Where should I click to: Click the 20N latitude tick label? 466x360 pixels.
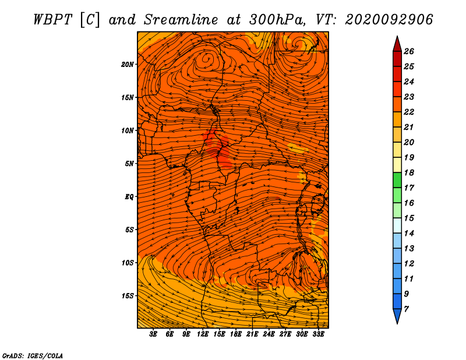pyautogui.click(x=128, y=65)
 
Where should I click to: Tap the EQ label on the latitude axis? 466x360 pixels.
pyautogui.click(x=129, y=197)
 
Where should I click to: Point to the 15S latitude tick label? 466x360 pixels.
pyautogui.click(x=128, y=296)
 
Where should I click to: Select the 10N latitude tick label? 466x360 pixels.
pyautogui.click(x=128, y=130)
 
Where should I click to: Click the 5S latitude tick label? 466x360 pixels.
pyautogui.click(x=129, y=230)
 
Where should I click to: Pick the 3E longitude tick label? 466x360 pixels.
pyautogui.click(x=153, y=334)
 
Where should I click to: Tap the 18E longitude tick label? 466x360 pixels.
pyautogui.click(x=236, y=334)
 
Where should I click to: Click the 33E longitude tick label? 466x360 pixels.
pyautogui.click(x=318, y=334)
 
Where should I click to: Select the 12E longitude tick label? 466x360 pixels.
pyautogui.click(x=203, y=334)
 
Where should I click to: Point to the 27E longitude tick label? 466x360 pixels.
pyautogui.click(x=285, y=334)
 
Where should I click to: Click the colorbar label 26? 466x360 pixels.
pyautogui.click(x=409, y=51)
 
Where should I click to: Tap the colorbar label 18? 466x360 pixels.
pyautogui.click(x=409, y=172)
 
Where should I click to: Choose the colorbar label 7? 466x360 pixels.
pyautogui.click(x=406, y=309)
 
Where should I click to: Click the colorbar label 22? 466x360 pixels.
pyautogui.click(x=409, y=112)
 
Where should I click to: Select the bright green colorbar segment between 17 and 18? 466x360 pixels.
pyautogui.click(x=397, y=180)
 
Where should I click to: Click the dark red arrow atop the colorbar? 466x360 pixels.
pyautogui.click(x=397, y=44)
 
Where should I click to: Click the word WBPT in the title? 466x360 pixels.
pyautogui.click(x=52, y=20)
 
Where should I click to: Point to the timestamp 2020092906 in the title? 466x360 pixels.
pyautogui.click(x=389, y=20)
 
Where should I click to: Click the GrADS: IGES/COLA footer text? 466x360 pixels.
pyautogui.click(x=33, y=356)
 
